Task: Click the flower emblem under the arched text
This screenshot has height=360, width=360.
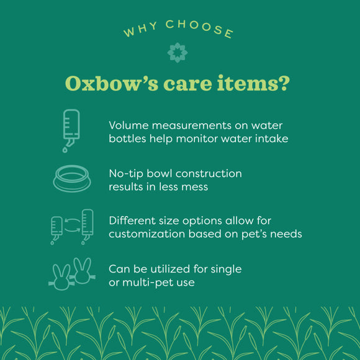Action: pyautogui.click(x=178, y=53)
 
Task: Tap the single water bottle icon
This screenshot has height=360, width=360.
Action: pyautogui.click(x=70, y=130)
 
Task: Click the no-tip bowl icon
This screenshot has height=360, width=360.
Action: pyautogui.click(x=73, y=179)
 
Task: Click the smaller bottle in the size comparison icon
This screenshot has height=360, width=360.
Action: pyautogui.click(x=56, y=228)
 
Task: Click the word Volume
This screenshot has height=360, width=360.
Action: pyautogui.click(x=129, y=124)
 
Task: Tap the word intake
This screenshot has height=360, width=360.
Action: pyautogui.click(x=271, y=138)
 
